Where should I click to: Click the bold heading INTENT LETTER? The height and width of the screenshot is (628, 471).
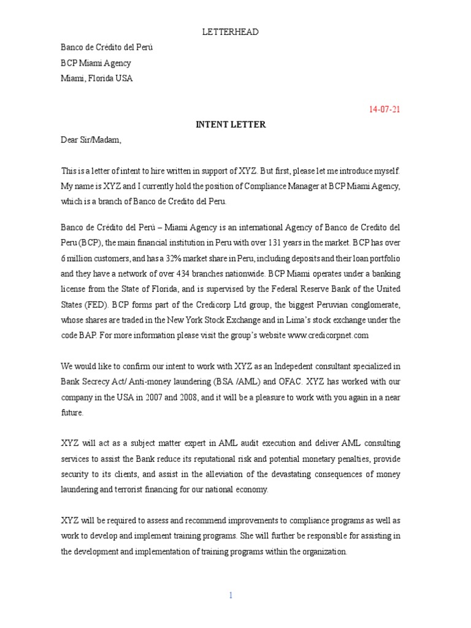click(230, 124)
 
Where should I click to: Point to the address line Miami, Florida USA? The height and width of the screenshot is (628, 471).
click(96, 78)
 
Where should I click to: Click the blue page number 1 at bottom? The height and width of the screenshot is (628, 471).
click(231, 595)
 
